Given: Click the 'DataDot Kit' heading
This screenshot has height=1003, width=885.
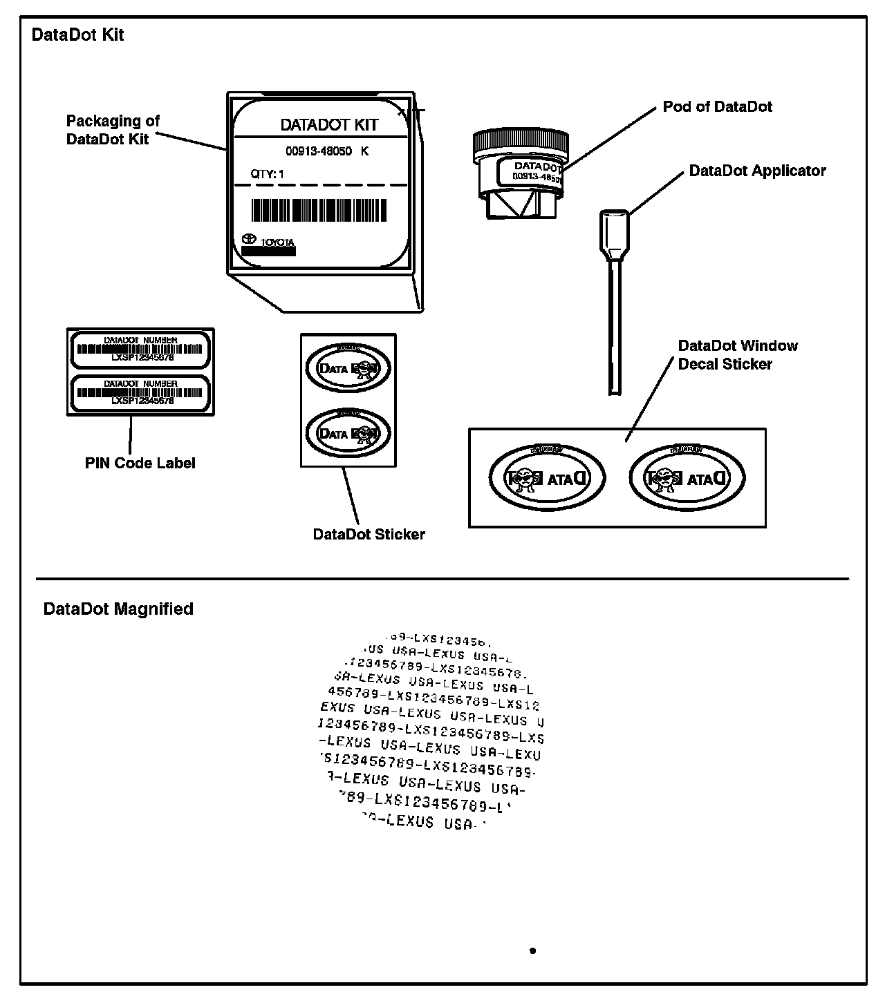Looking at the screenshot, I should [x=77, y=35].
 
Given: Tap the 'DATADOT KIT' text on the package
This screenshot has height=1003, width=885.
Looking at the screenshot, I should [x=328, y=125].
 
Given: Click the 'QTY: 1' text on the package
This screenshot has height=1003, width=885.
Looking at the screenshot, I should [x=267, y=174].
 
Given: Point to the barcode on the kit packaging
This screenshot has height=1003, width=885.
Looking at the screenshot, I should [x=319, y=210].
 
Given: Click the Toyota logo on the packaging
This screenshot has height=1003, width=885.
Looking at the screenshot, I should [x=249, y=239].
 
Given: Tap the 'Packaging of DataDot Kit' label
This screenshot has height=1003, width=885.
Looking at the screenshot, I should [x=113, y=130].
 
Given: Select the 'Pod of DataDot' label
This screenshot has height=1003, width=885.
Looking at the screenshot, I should [x=717, y=107].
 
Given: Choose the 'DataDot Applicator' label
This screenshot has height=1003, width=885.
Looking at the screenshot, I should [x=757, y=171].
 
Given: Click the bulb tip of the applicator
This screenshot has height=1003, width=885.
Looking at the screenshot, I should [x=614, y=235].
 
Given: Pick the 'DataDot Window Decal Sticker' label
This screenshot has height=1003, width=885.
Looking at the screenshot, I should [x=737, y=354].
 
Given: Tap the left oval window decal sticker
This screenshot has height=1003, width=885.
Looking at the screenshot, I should [x=547, y=477].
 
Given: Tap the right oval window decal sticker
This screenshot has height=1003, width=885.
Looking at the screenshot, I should [x=687, y=477].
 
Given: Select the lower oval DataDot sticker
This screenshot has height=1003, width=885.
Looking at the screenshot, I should [x=348, y=433].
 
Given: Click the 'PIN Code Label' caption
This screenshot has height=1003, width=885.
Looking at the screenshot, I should [x=140, y=463].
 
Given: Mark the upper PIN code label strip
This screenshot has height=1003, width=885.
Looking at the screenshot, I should [x=140, y=349].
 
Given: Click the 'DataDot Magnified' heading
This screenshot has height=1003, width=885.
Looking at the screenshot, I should [x=118, y=609].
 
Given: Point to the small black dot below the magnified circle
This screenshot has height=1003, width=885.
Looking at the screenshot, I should [x=532, y=951].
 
